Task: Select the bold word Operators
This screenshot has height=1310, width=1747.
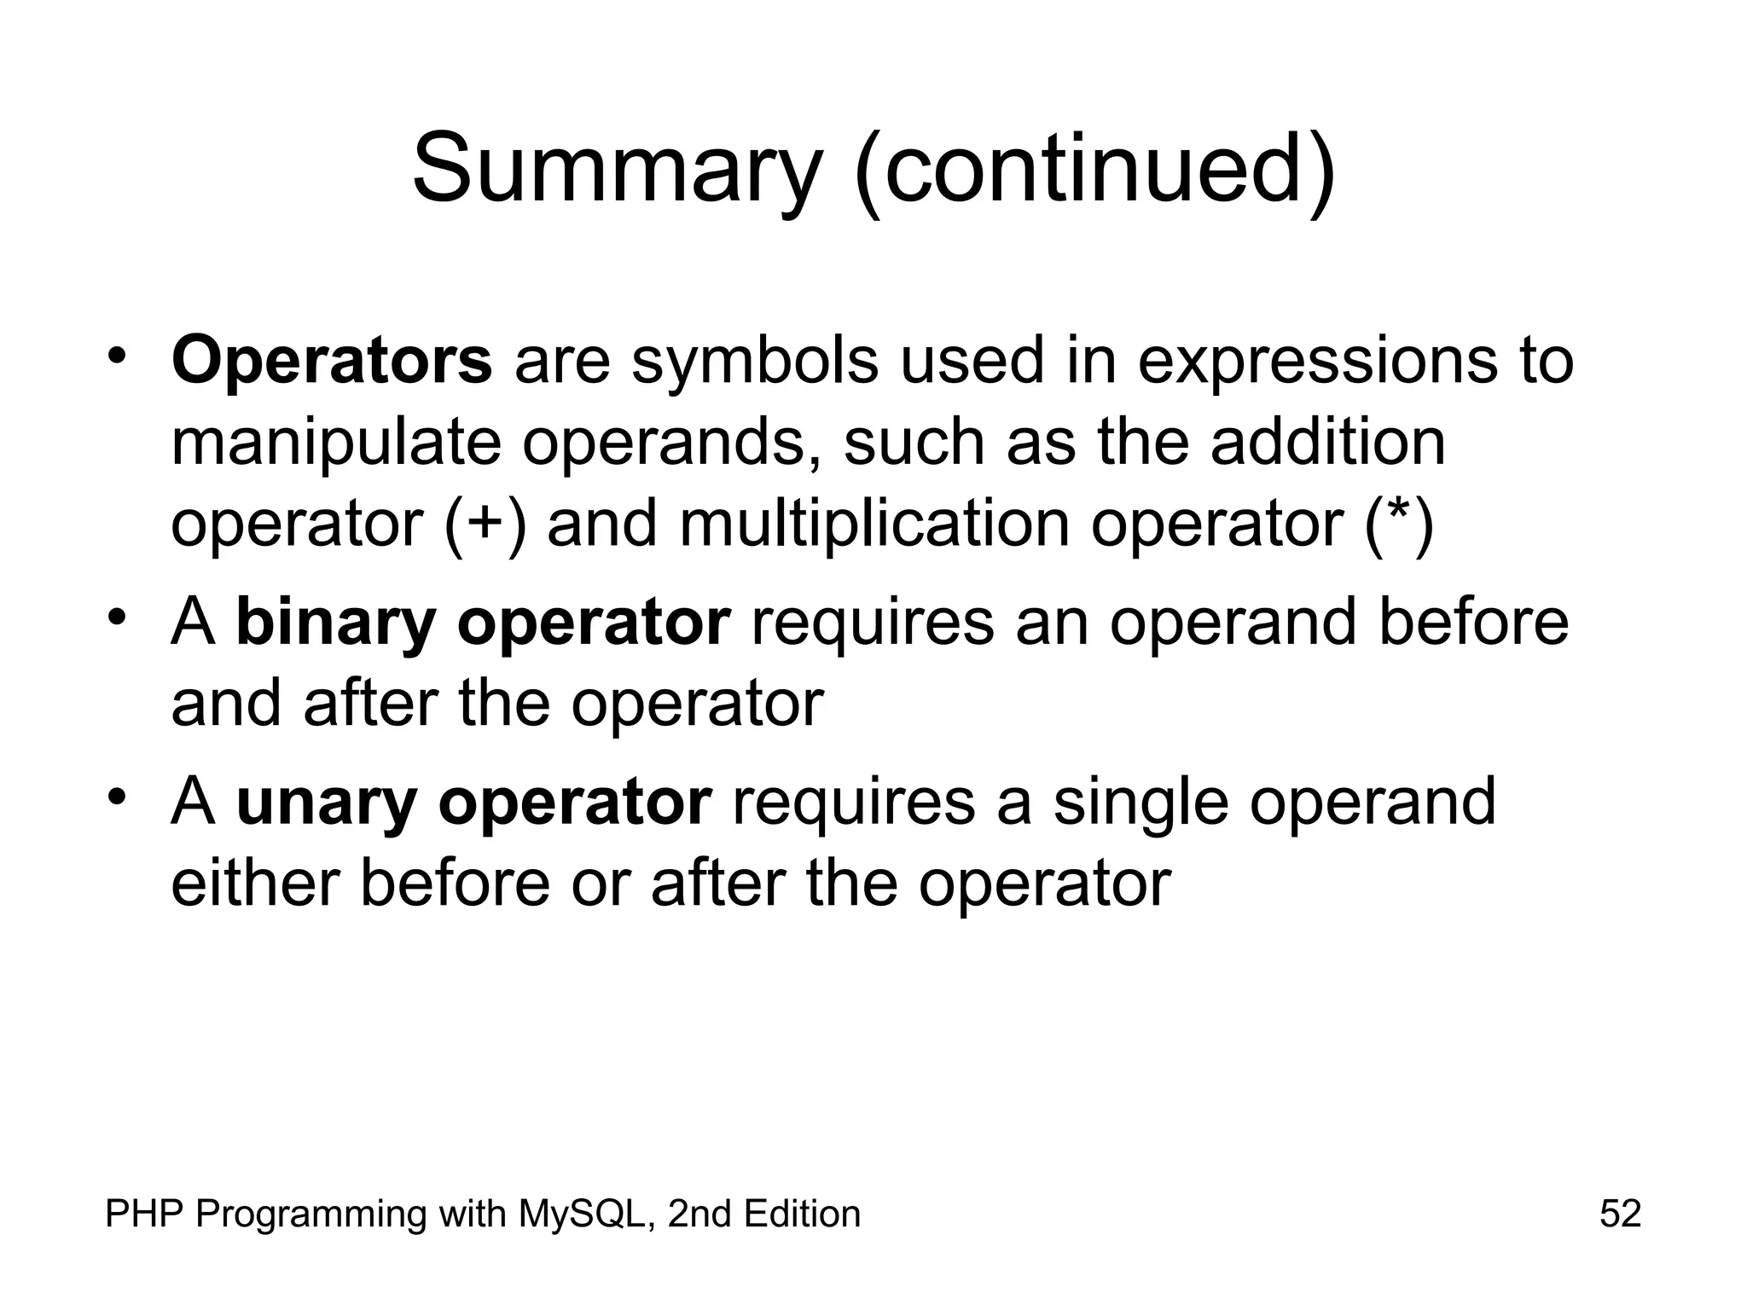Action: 332,361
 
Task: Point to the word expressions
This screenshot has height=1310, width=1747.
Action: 1317,361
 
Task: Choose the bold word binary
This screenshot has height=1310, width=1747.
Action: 335,623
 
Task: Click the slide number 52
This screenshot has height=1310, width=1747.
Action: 1620,1213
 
